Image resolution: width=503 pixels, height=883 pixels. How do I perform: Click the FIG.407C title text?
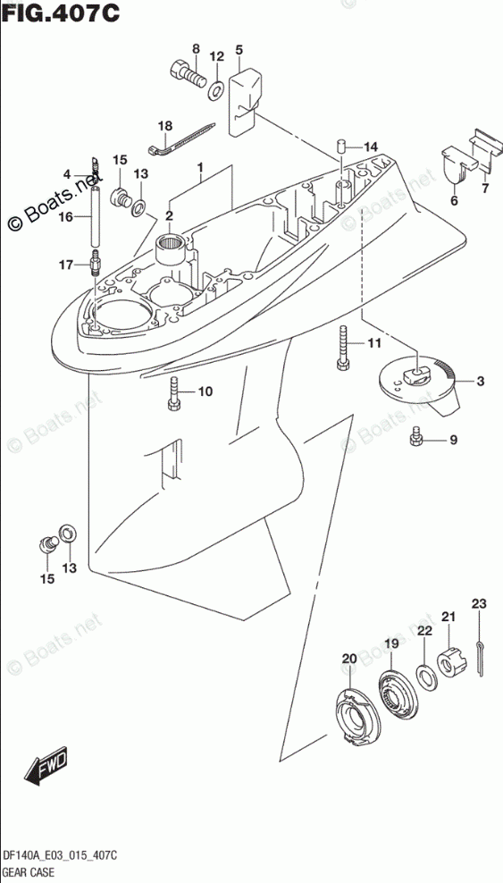60,13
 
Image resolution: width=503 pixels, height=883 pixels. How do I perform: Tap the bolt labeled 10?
172,394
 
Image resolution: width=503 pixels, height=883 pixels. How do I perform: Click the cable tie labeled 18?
181,138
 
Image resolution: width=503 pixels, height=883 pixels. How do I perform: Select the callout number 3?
480,382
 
